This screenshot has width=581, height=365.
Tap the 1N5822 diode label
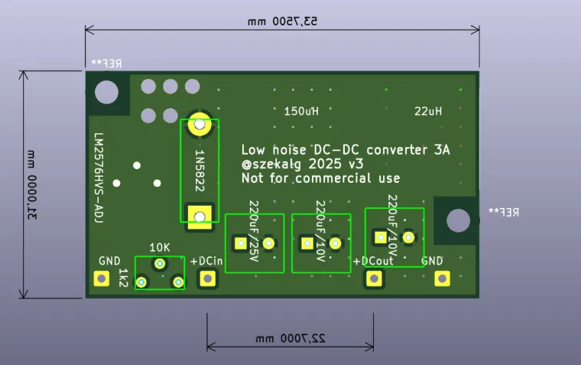(200, 171)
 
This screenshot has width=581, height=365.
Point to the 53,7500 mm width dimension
(282, 21)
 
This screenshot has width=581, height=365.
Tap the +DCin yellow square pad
(206, 279)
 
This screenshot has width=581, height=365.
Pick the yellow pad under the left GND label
(101, 279)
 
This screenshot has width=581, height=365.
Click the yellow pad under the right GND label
(440, 279)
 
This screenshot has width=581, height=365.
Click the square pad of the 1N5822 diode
(200, 217)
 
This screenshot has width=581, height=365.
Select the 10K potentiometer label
(160, 247)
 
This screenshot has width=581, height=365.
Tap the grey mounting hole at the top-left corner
(106, 92)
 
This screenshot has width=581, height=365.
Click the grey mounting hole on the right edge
(458, 220)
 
